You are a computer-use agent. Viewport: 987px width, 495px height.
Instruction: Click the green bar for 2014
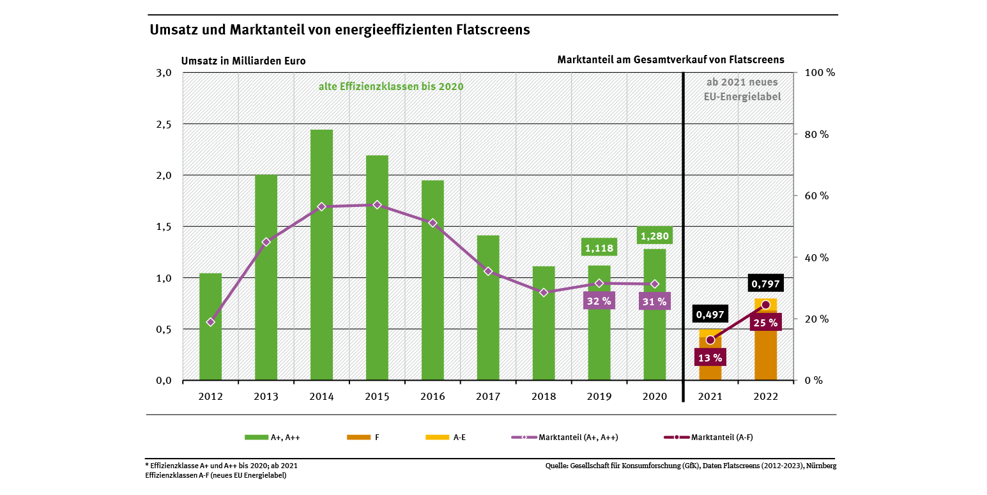pos(321,255)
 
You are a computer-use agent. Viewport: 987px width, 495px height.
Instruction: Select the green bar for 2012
pos(210,327)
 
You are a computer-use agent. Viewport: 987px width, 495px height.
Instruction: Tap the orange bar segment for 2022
pos(765,351)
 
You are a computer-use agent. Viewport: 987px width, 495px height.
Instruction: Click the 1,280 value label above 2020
pos(654,236)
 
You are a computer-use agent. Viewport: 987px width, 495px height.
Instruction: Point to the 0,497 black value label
pos(710,314)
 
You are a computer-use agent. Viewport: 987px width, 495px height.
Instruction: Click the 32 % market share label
pos(599,301)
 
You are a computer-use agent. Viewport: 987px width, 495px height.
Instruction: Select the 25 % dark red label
pos(765,323)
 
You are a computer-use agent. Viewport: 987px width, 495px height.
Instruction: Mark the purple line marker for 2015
pos(377,205)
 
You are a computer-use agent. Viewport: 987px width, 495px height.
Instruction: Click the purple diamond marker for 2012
pos(211,322)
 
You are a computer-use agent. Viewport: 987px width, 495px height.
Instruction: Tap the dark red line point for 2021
pos(710,340)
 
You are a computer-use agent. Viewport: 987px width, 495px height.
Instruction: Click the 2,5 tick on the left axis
pos(164,124)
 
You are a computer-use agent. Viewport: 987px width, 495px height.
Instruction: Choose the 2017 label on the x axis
pos(488,397)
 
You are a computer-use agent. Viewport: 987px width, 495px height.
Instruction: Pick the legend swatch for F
pos(358,438)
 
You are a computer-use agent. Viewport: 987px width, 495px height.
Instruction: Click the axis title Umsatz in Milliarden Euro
pos(243,61)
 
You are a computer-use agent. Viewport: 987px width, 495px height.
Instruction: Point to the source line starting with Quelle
pos(691,466)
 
